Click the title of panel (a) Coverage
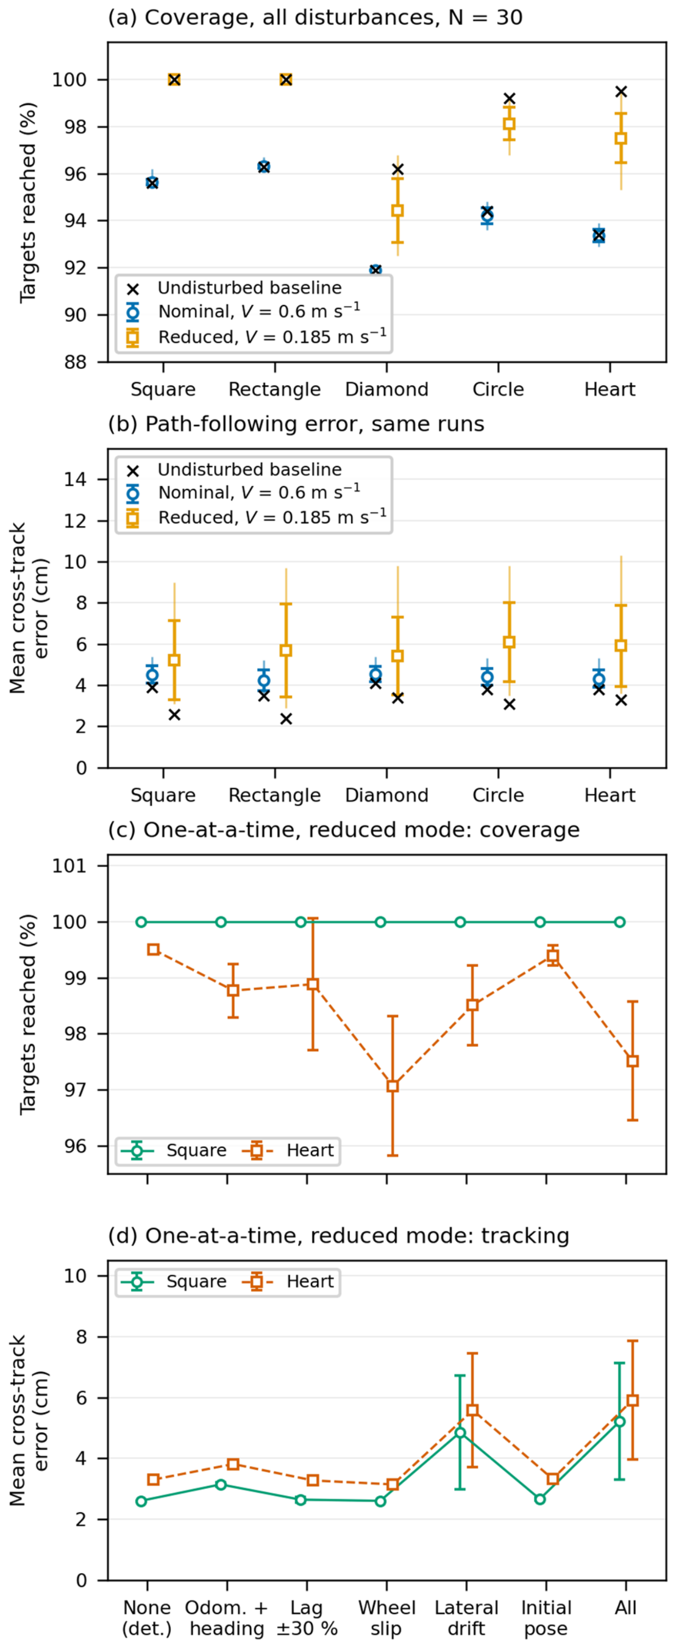point(315,17)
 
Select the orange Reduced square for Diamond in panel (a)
point(397,210)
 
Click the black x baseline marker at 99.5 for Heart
point(621,91)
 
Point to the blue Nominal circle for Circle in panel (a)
point(487,216)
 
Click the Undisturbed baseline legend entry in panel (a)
point(234,288)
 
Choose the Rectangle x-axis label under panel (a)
point(274,389)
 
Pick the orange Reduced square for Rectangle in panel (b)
point(286,650)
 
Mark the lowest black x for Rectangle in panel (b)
point(286,718)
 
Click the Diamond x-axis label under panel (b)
point(386,795)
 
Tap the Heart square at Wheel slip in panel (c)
point(393,1086)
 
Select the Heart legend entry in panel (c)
point(288,1150)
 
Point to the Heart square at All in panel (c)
point(633,1061)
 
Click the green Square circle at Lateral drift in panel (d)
point(460,1432)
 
